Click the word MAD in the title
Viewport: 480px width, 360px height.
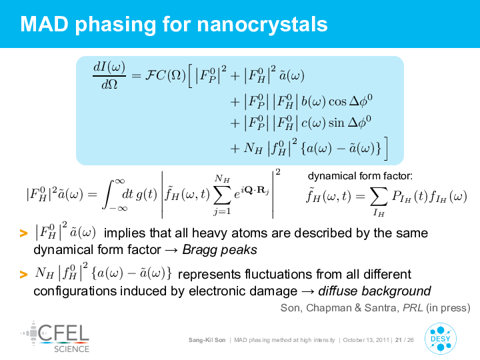click(x=45, y=24)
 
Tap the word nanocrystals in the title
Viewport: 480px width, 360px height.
click(x=263, y=24)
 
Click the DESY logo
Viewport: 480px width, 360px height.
click(x=441, y=339)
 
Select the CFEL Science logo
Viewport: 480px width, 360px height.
click(x=55, y=337)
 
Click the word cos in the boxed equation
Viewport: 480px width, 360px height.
click(x=337, y=101)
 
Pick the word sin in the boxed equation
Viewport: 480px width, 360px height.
click(x=337, y=123)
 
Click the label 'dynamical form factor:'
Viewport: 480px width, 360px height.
click(x=360, y=176)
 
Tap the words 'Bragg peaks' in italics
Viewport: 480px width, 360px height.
click(x=220, y=250)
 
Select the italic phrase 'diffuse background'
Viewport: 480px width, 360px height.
click(x=375, y=291)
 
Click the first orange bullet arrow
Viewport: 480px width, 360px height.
click(x=23, y=233)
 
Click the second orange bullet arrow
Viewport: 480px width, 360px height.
click(x=23, y=274)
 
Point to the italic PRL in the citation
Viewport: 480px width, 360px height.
click(x=413, y=307)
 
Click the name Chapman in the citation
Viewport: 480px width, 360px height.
click(x=329, y=307)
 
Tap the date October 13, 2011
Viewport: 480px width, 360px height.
click(x=366, y=340)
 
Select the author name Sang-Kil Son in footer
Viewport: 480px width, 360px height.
click(x=207, y=340)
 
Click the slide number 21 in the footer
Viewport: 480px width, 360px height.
click(x=399, y=340)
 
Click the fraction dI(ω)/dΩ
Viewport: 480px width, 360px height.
click(x=109, y=75)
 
